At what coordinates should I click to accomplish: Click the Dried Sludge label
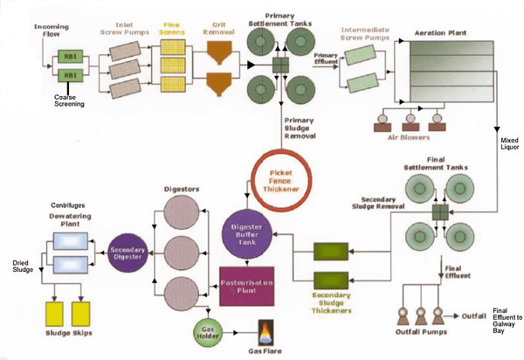coord(19,265)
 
